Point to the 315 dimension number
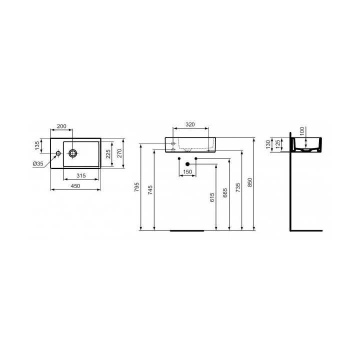[82, 175]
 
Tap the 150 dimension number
[187, 172]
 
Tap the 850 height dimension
[251, 183]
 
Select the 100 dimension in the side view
[301, 131]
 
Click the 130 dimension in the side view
[268, 144]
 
